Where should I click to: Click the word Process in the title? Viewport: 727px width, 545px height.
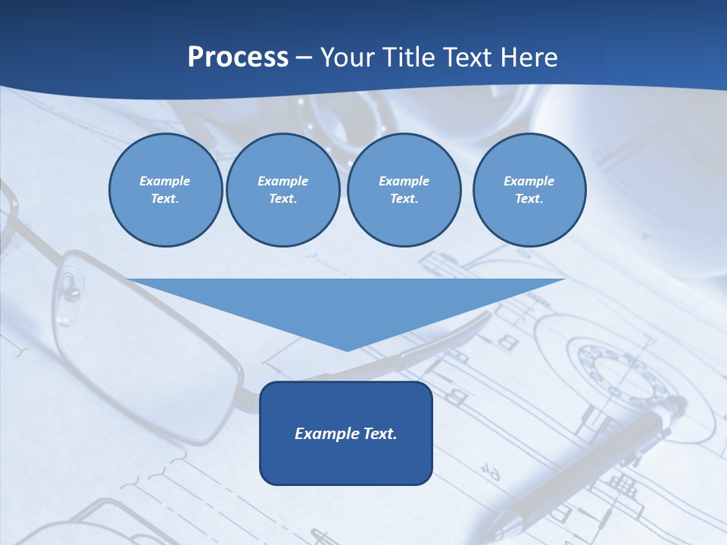(238, 58)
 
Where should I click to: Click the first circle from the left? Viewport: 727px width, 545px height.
(165, 190)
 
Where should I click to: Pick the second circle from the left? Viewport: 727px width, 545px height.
(282, 190)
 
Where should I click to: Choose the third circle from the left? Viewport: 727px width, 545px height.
(404, 190)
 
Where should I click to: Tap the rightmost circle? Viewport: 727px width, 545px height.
(529, 190)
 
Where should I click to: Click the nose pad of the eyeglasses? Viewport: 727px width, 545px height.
(70, 285)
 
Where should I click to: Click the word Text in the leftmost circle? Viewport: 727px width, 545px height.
(164, 199)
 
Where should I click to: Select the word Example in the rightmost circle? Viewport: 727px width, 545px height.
(529, 181)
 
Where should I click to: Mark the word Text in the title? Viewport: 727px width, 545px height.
(465, 58)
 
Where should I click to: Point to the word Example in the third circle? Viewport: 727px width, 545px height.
(404, 181)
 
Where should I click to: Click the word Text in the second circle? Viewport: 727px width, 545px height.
(282, 199)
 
